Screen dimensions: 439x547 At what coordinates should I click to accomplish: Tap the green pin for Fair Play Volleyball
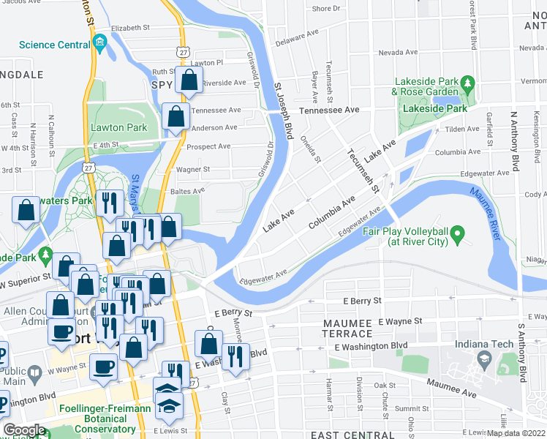(459, 235)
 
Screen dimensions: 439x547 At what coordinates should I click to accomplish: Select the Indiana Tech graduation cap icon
(483, 359)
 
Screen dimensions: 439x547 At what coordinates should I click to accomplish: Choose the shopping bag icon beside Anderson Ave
(176, 117)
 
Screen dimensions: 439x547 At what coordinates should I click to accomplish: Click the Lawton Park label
(119, 127)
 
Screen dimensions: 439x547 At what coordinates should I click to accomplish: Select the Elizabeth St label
(130, 28)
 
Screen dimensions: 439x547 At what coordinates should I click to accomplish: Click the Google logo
(24, 429)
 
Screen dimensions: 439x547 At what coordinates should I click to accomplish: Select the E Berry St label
(362, 300)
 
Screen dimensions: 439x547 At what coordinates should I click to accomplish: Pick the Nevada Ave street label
(398, 53)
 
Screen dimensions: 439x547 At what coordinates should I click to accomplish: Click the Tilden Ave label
(461, 129)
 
